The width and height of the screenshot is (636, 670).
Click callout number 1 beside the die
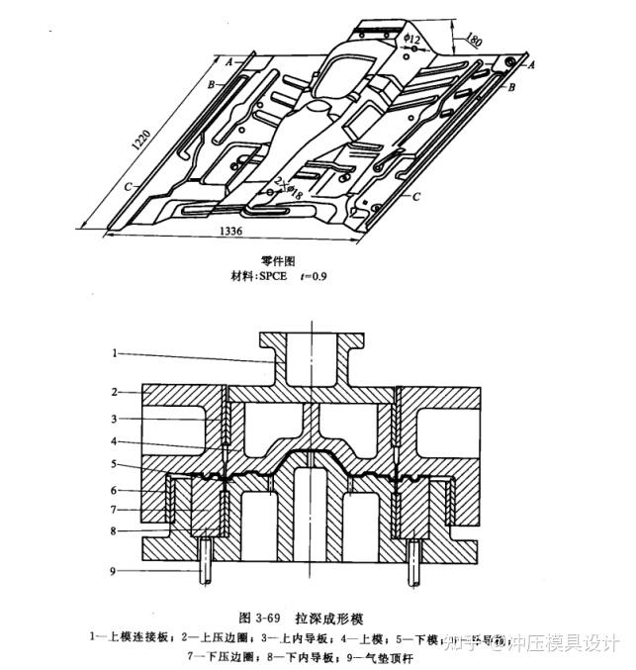click(115, 352)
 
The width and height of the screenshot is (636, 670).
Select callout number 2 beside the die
click(115, 392)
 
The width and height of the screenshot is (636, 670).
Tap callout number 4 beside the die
click(115, 440)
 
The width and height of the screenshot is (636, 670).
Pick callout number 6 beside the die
click(115, 489)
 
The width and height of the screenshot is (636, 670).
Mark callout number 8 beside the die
click(115, 531)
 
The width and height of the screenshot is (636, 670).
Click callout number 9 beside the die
click(115, 569)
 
